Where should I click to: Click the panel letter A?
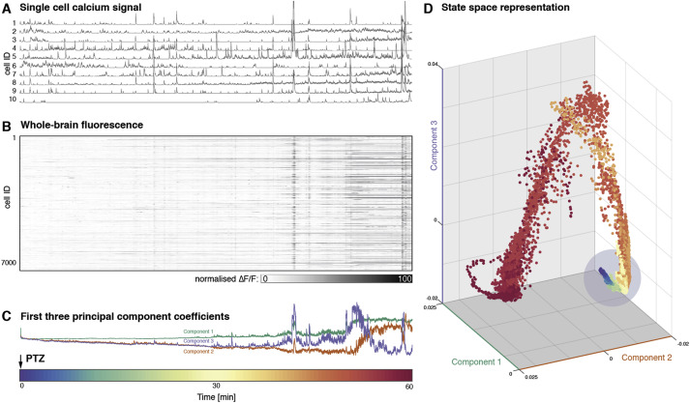[x=7, y=9]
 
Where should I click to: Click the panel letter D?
[x=429, y=9]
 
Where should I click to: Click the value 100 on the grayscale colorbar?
[x=404, y=277]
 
